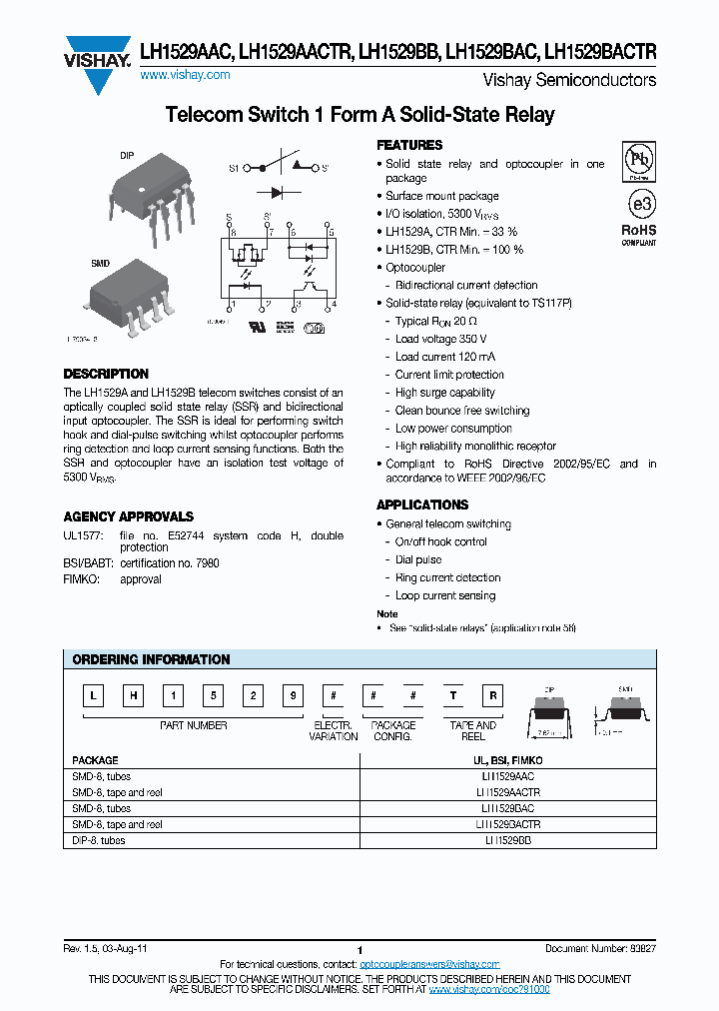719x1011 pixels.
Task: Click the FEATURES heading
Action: pyautogui.click(x=409, y=145)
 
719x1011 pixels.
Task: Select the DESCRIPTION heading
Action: pyautogui.click(x=106, y=374)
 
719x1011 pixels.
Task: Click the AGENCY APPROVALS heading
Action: pyautogui.click(x=128, y=516)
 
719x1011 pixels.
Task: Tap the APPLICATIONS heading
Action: pyautogui.click(x=422, y=505)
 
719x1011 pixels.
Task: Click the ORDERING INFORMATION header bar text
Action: pyautogui.click(x=152, y=659)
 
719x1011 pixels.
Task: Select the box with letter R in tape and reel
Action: pyautogui.click(x=492, y=697)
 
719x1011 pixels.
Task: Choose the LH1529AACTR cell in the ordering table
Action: pyautogui.click(x=508, y=791)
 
